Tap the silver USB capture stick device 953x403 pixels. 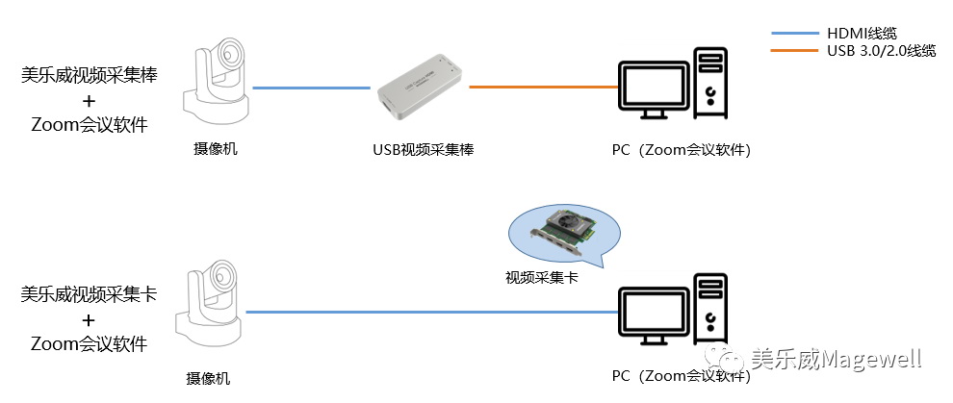(x=422, y=93)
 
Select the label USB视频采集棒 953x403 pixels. (x=424, y=150)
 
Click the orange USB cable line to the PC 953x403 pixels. (x=543, y=88)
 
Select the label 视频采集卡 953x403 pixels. (x=541, y=277)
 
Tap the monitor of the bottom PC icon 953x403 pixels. (x=656, y=312)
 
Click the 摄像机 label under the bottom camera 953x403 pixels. (x=208, y=378)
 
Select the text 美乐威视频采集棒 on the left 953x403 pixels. (x=89, y=74)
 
